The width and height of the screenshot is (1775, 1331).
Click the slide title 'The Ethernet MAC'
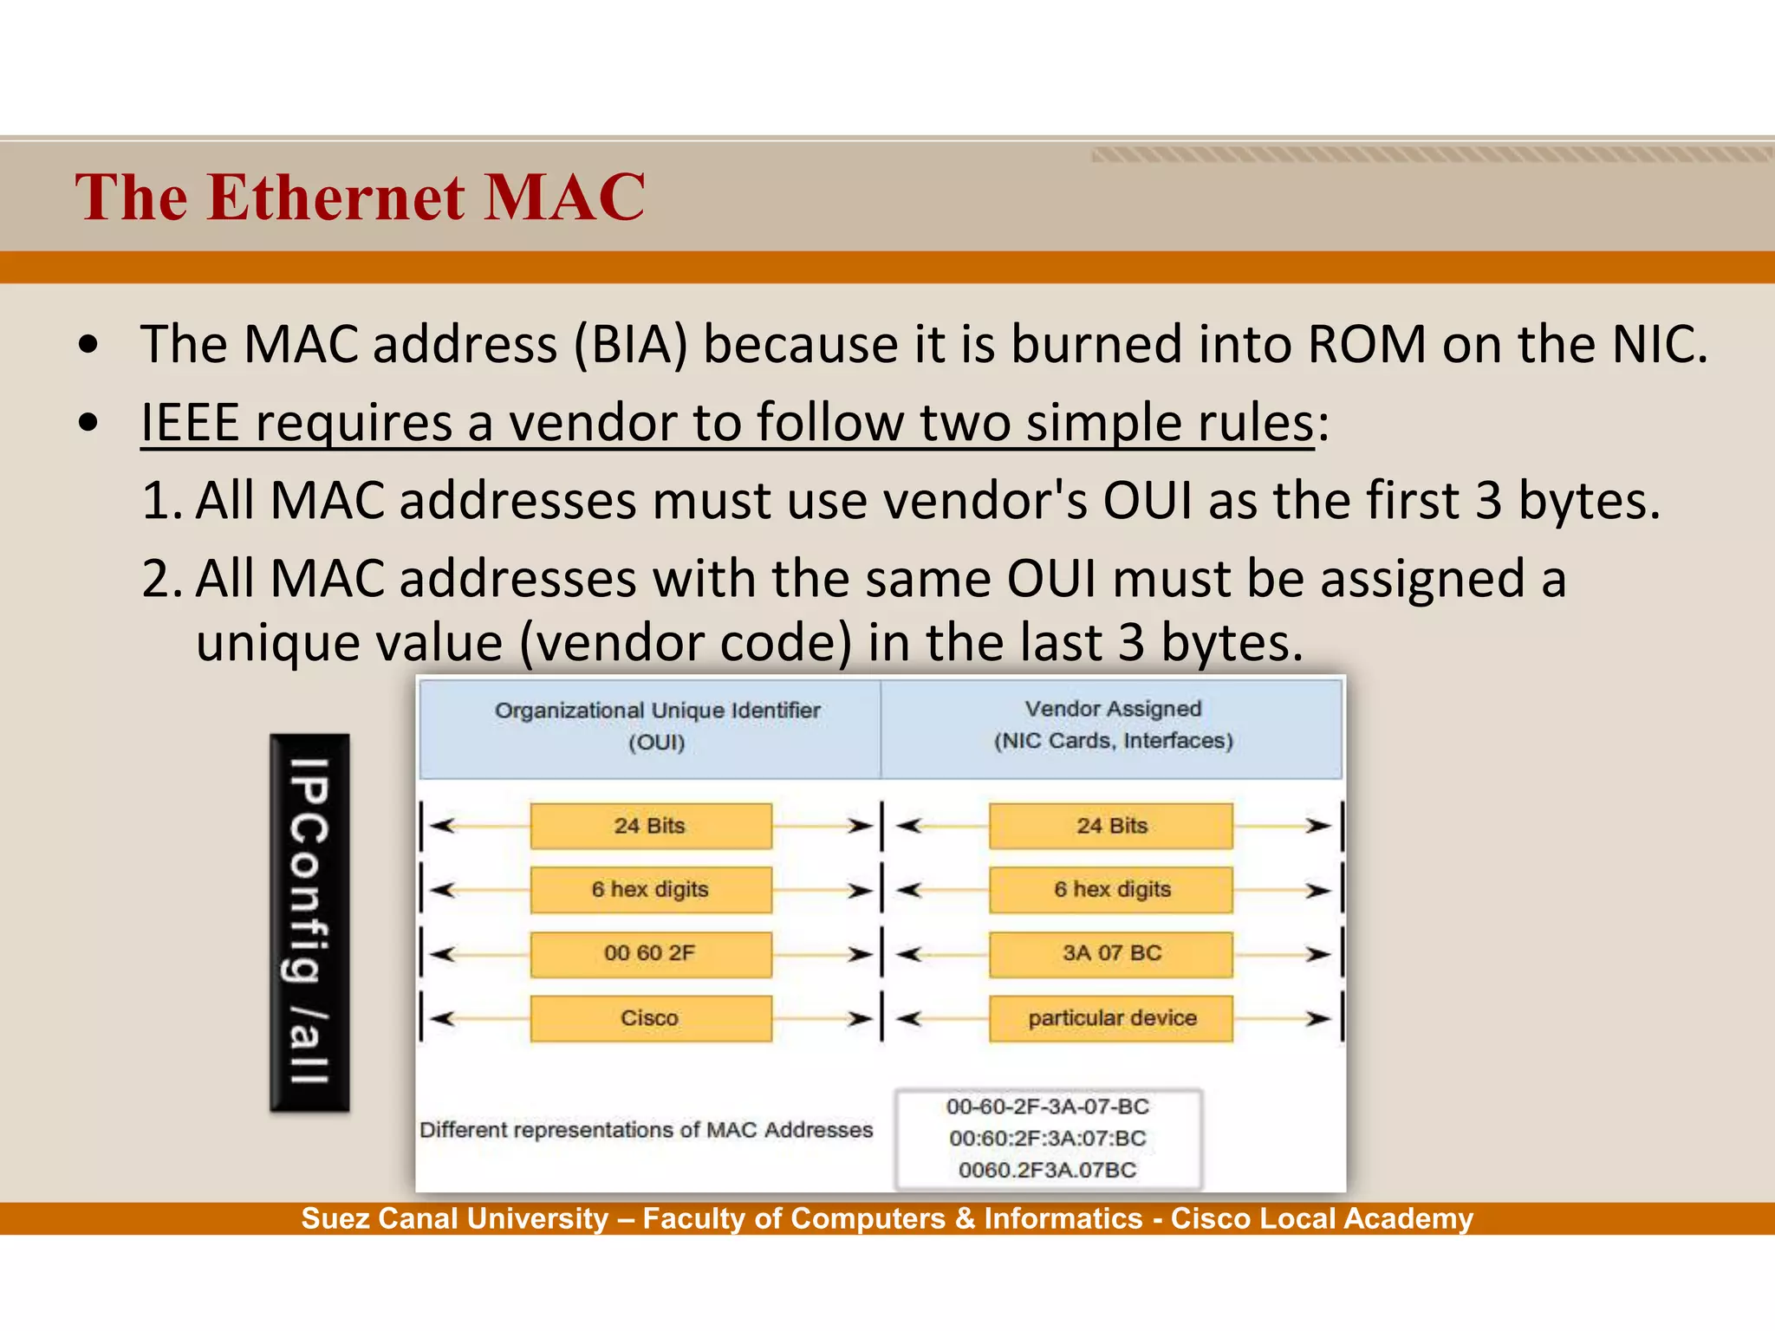(x=360, y=198)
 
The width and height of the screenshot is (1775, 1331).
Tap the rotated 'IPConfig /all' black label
(x=309, y=922)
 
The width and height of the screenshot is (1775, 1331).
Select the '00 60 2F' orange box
(x=650, y=954)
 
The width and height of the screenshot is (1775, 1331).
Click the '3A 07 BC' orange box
(x=1111, y=954)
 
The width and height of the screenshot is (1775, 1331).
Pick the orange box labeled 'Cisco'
(x=650, y=1018)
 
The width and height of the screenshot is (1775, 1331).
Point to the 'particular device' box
(x=1111, y=1018)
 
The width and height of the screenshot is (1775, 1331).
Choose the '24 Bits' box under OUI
(x=650, y=826)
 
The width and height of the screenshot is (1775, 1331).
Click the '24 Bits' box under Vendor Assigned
(x=1111, y=826)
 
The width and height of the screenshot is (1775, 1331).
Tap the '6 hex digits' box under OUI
(x=650, y=890)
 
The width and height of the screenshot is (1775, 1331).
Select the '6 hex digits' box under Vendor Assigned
(x=1111, y=890)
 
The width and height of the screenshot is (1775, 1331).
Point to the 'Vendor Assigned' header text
(x=1113, y=709)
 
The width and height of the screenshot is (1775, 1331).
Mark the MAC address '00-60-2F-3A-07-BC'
(x=1048, y=1107)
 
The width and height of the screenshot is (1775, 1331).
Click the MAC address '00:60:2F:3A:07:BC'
(x=1048, y=1139)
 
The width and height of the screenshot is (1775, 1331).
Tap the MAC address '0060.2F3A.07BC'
(x=1048, y=1171)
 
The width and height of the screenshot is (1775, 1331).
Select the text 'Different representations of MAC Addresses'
(x=646, y=1130)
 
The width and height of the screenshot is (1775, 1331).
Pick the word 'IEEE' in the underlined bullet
(x=190, y=423)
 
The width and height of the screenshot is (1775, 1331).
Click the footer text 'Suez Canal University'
(x=455, y=1219)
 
